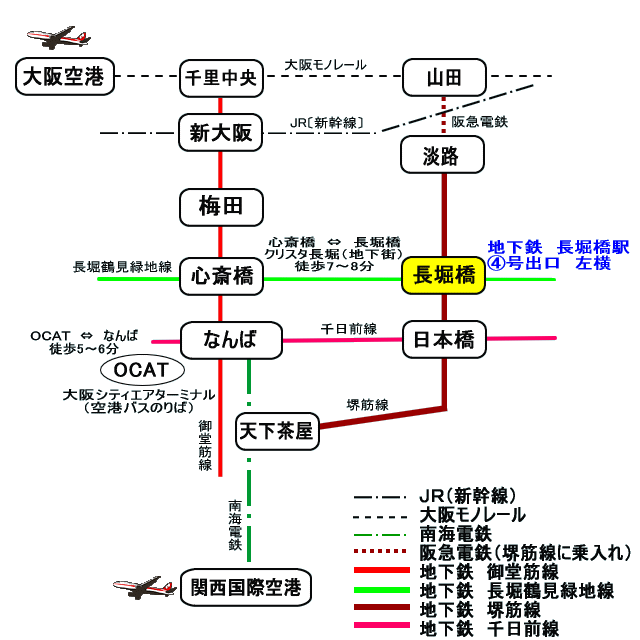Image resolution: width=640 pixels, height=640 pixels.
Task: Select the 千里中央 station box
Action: (x=221, y=78)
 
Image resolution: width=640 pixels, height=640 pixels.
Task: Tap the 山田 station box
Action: (x=443, y=77)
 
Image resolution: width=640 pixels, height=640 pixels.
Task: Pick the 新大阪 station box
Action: (x=221, y=132)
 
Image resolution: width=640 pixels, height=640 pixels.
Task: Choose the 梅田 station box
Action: (x=221, y=207)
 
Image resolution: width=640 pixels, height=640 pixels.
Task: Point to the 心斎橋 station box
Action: (x=221, y=277)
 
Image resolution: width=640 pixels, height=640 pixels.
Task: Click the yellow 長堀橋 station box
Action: (x=443, y=277)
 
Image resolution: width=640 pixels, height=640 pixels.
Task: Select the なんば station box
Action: (x=221, y=340)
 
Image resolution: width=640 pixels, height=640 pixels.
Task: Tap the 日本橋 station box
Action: (x=443, y=340)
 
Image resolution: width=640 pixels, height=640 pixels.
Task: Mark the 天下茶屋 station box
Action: (x=275, y=431)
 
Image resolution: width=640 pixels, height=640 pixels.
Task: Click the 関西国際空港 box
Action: (x=245, y=587)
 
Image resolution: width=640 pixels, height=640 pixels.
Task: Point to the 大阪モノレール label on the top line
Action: (x=325, y=64)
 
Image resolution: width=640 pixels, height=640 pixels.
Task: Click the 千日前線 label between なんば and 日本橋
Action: (x=348, y=328)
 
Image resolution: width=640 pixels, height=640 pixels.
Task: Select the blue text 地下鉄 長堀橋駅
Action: (x=558, y=247)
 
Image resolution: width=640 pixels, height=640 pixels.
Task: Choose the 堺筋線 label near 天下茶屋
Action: (x=367, y=404)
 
